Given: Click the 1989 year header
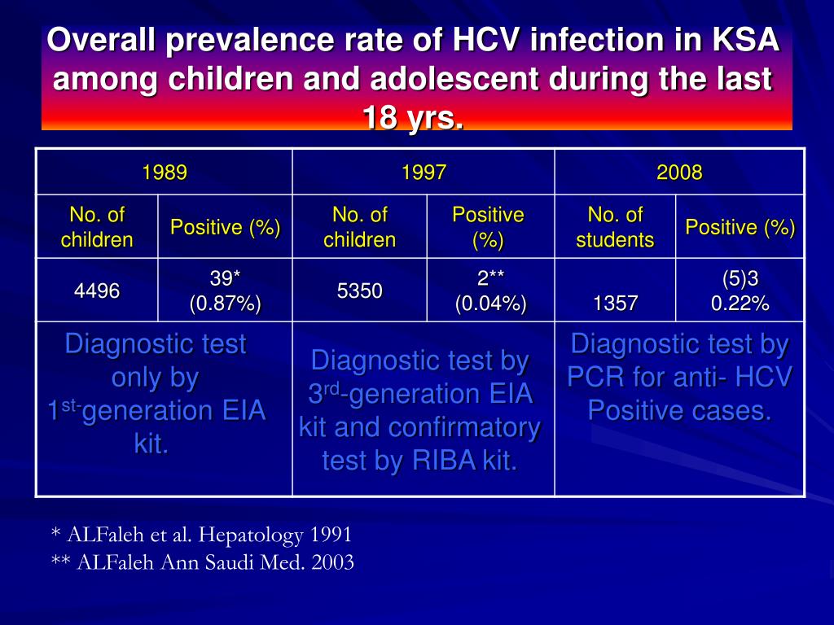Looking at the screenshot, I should pos(165,173).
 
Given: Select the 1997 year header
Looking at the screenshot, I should pos(424,173).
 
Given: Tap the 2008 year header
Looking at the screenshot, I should pos(679,173).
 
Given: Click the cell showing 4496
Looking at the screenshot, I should pos(97,291).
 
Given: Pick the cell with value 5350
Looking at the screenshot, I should pos(359,291).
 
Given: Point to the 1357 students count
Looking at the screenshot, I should pos(616,304).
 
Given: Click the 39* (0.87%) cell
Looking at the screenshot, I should pos(225,291).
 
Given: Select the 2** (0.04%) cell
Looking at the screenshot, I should pos(490,291).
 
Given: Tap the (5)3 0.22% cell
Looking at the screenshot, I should pos(740,291).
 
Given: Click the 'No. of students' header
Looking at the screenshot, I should pos(615,227).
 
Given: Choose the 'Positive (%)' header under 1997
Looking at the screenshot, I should pos(488,227).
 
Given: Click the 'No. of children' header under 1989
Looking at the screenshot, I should pos(97,227).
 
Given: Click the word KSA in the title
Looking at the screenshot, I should pos(746,40).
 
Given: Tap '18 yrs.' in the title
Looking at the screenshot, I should pos(413,118).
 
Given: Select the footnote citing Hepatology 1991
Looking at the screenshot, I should pos(201,535).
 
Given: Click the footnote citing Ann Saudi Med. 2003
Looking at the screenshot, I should pos(203,562).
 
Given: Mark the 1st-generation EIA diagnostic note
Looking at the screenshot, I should pos(156,395).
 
